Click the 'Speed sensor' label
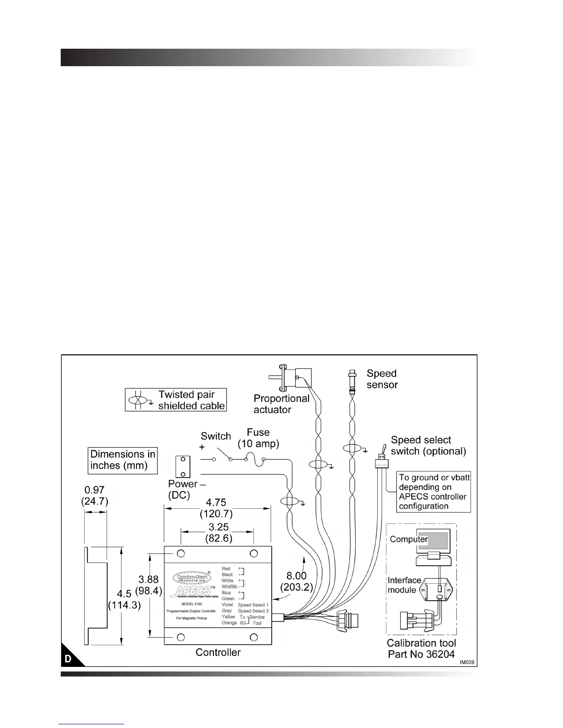pos(382,379)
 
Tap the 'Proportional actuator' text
pos(281,404)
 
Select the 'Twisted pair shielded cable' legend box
pos(176,400)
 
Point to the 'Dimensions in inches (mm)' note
pos(123,460)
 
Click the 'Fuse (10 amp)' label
pos(258,438)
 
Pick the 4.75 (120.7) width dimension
pos(216,508)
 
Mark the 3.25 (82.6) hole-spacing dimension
pos(218,532)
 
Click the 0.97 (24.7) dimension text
pos(95,495)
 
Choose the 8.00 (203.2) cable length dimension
pos(297,581)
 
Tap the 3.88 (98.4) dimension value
pos(149,585)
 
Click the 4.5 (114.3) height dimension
pos(124,600)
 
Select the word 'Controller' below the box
pos(218,652)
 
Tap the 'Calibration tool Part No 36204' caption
pos(421,648)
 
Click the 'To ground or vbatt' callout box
pos(434,492)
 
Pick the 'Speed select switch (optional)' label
pos(428,445)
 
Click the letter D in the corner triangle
pos(68,659)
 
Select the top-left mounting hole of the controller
pos(181,553)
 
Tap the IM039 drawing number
pos(466,662)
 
